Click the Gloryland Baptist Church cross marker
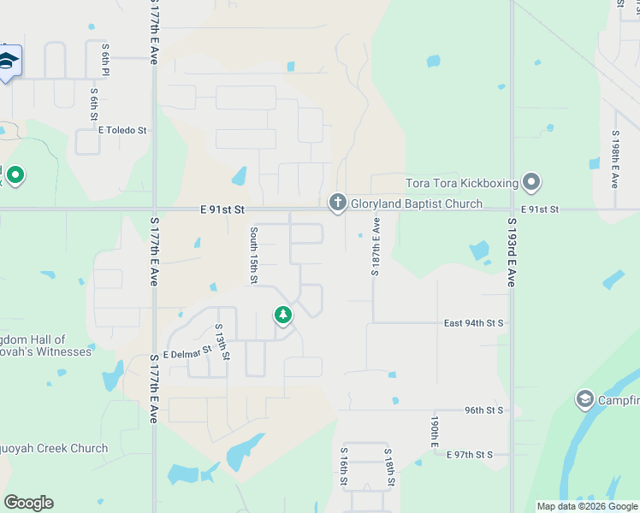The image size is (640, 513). click(337, 203)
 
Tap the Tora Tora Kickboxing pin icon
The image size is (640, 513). click(532, 182)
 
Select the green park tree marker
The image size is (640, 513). click(282, 316)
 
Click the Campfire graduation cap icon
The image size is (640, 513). click(585, 399)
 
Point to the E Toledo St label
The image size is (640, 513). click(123, 131)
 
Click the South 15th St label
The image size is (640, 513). click(254, 256)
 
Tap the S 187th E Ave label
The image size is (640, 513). click(375, 246)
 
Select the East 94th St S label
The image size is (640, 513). click(474, 323)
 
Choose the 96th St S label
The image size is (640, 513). click(484, 410)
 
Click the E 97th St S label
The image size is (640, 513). click(470, 454)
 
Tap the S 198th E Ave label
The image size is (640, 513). click(614, 159)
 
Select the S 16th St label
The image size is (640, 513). click(344, 467)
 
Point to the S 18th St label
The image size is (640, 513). click(388, 467)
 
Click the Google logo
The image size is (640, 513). click(28, 503)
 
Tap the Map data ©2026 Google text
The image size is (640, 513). click(586, 506)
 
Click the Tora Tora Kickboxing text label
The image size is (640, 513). click(462, 182)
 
